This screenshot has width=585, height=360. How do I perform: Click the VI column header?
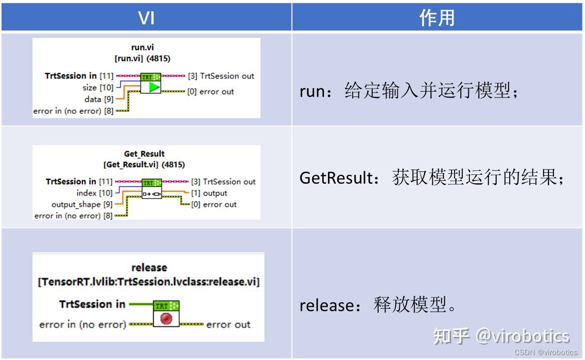coord(146,18)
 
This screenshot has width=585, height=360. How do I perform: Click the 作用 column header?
coord(436,18)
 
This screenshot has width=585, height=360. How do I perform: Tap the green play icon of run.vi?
coord(154,87)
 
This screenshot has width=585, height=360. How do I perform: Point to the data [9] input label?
coord(99,99)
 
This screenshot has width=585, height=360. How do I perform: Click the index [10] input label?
coord(95,193)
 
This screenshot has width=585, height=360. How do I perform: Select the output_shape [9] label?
coord(82,204)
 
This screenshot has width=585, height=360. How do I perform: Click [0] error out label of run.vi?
coord(211,92)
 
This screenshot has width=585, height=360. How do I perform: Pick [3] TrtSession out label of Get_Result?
coord(223,182)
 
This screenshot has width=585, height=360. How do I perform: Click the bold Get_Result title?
coord(144,154)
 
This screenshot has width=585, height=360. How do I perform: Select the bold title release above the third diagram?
coord(149,267)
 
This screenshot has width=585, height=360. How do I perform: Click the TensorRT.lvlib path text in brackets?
coord(149,282)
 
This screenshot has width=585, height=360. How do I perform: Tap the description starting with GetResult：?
coord(431,178)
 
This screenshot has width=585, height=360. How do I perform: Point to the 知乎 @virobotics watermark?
coord(501,336)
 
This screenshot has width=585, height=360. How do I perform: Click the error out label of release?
coord(228,324)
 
